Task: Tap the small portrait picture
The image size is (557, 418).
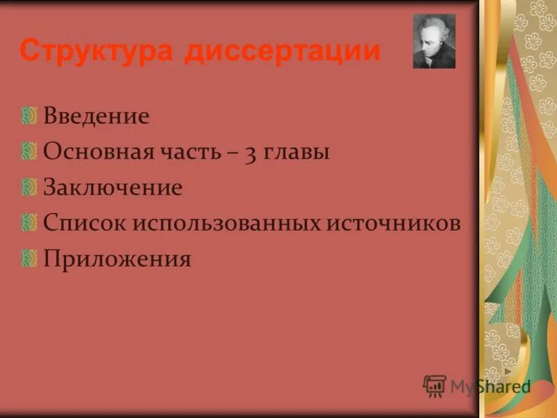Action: (434, 41)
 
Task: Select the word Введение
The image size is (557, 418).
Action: (96, 116)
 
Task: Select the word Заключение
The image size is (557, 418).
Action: (113, 188)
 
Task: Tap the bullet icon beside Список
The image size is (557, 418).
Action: (29, 223)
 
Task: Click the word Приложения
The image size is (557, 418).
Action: (117, 260)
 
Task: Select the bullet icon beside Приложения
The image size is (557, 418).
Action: (29, 258)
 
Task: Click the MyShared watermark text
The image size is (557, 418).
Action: (490, 387)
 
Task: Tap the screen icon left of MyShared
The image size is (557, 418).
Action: (434, 385)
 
